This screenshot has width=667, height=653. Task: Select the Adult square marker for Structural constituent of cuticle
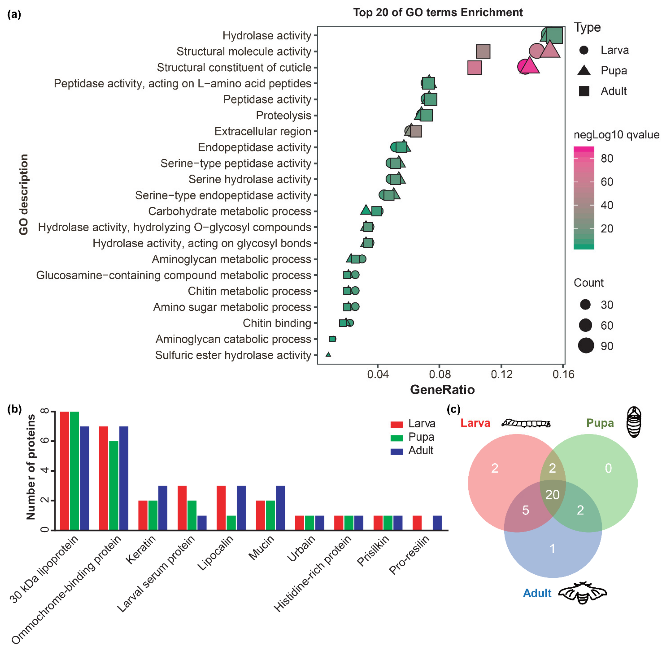pos(474,68)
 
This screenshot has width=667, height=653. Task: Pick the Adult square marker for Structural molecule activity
pos(483,52)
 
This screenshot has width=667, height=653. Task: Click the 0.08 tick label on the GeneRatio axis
pos(440,374)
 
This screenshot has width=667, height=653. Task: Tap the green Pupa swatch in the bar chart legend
pos(397,438)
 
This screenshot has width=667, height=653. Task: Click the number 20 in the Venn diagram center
pos(552,495)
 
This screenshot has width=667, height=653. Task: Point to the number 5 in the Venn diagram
pos(525,510)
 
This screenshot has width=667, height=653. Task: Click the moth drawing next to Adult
pos(582,593)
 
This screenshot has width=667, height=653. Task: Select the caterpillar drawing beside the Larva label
pos(526,424)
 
